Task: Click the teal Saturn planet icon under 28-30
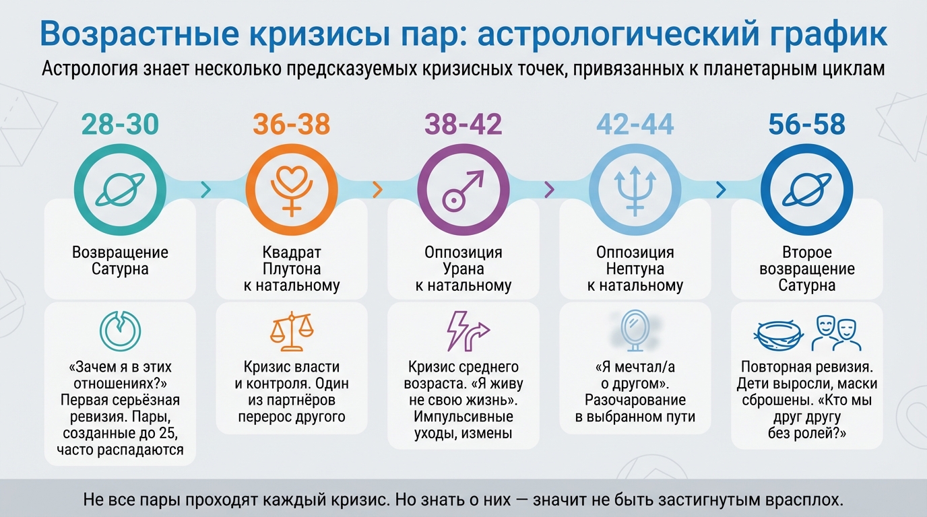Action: coord(120,188)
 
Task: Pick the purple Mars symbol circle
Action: coord(463,188)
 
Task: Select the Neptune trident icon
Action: coord(635,188)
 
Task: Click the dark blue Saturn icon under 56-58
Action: coord(807,188)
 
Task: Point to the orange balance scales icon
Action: coord(292,332)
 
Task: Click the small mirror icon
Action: coord(634,329)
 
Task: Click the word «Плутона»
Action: coord(292,269)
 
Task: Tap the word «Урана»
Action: coord(463,269)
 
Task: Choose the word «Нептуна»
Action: coord(635,269)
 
